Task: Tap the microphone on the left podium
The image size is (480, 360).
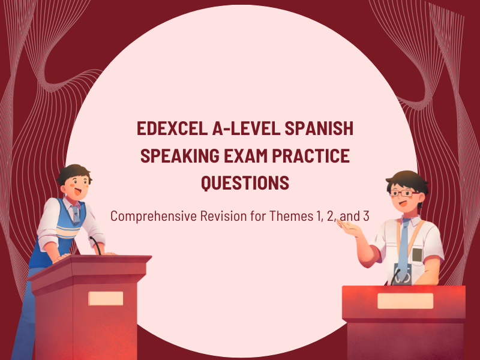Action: tap(95, 244)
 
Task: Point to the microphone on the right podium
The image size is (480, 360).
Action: tap(395, 277)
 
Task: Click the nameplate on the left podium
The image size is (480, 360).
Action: tap(106, 298)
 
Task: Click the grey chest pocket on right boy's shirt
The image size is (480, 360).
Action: tap(417, 254)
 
